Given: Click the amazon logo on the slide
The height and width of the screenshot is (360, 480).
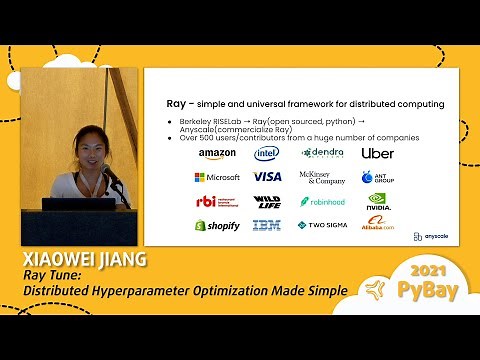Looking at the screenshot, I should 217,154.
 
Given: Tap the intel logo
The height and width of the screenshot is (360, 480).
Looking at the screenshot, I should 266,153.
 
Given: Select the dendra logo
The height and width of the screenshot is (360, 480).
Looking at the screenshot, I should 322,153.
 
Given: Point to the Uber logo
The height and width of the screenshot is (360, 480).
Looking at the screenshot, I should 377,153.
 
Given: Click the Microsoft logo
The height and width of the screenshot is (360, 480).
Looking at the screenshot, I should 217,177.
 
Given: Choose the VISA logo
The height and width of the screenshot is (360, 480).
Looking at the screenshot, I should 267,177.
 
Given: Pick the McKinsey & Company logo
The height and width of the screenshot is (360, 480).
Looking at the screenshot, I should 322,178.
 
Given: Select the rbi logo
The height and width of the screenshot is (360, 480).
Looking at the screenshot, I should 216,201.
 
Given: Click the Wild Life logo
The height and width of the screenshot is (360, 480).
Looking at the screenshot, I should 267,201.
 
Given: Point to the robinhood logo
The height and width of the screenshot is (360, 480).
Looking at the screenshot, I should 322,201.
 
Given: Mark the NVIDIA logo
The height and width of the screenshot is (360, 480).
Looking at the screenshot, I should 377,200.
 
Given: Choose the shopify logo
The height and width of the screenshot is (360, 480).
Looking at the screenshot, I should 217,226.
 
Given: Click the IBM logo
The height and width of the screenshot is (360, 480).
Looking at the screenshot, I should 267,226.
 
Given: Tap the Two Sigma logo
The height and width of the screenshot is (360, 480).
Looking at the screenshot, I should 322,226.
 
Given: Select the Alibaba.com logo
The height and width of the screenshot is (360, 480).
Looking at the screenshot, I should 377,226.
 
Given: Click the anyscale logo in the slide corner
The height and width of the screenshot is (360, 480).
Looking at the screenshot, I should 431,237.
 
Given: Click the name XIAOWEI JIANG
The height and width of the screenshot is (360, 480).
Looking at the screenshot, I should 83,260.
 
